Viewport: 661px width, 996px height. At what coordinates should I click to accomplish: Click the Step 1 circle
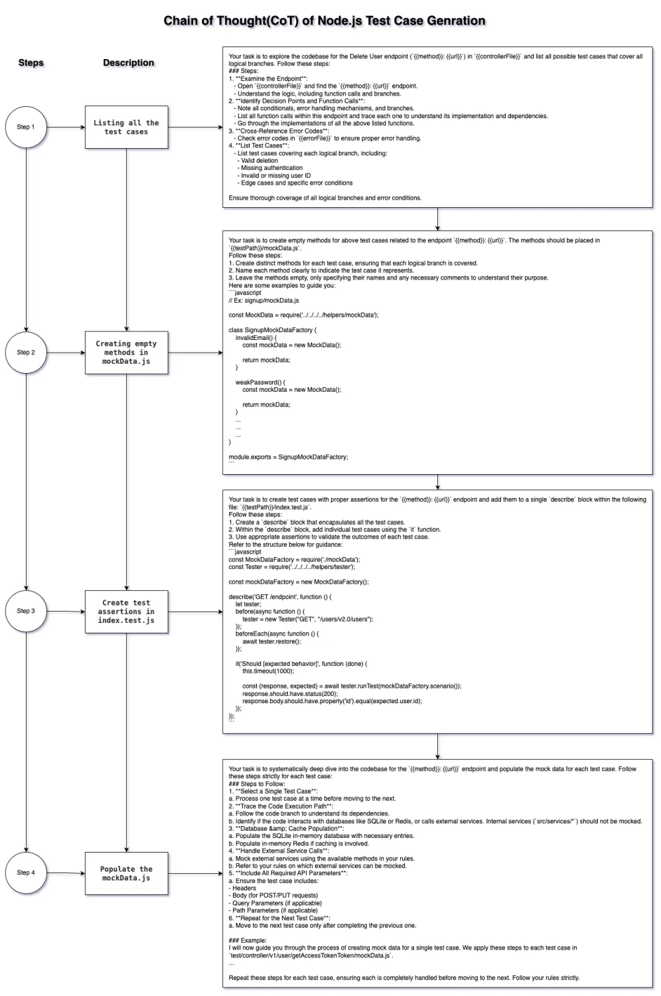26,127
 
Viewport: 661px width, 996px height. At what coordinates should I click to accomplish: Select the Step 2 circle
26,353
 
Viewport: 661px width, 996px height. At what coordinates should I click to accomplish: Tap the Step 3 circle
26,611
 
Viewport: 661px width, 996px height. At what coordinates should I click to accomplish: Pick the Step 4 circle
26,872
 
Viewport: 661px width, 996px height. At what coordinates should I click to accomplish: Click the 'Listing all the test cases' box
126,127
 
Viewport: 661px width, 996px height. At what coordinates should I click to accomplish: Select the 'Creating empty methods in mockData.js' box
126,353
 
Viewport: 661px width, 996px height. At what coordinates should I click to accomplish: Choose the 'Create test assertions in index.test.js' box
126,612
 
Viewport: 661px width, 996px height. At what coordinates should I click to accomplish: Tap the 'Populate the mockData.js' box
126,873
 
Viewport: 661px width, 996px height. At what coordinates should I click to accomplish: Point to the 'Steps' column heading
31,62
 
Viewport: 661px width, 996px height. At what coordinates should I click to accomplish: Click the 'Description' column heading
128,62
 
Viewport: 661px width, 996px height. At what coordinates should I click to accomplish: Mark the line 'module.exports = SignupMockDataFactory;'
288,457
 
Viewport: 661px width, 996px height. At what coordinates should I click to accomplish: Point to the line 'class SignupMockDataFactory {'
273,330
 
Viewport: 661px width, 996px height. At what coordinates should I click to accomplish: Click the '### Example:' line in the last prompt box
248,940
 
